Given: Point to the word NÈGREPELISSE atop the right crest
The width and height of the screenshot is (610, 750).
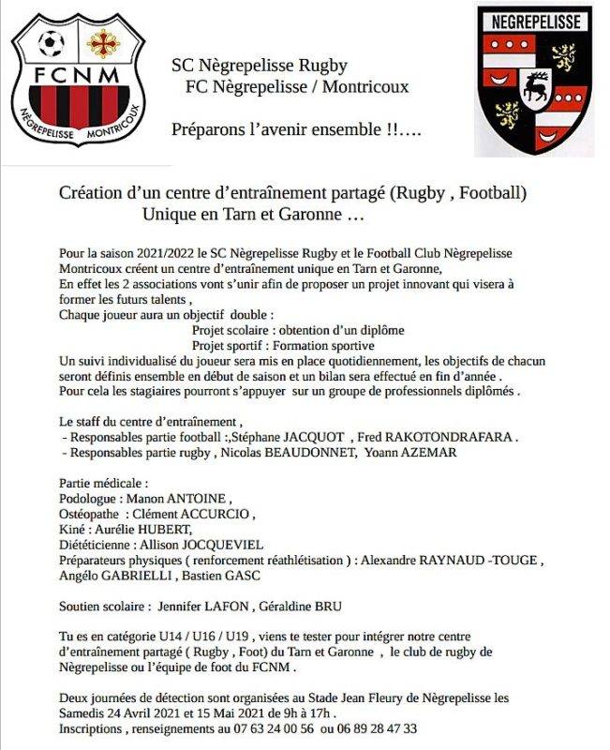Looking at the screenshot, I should tap(534, 21).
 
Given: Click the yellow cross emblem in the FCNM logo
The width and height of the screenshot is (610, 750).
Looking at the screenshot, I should tap(100, 42).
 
